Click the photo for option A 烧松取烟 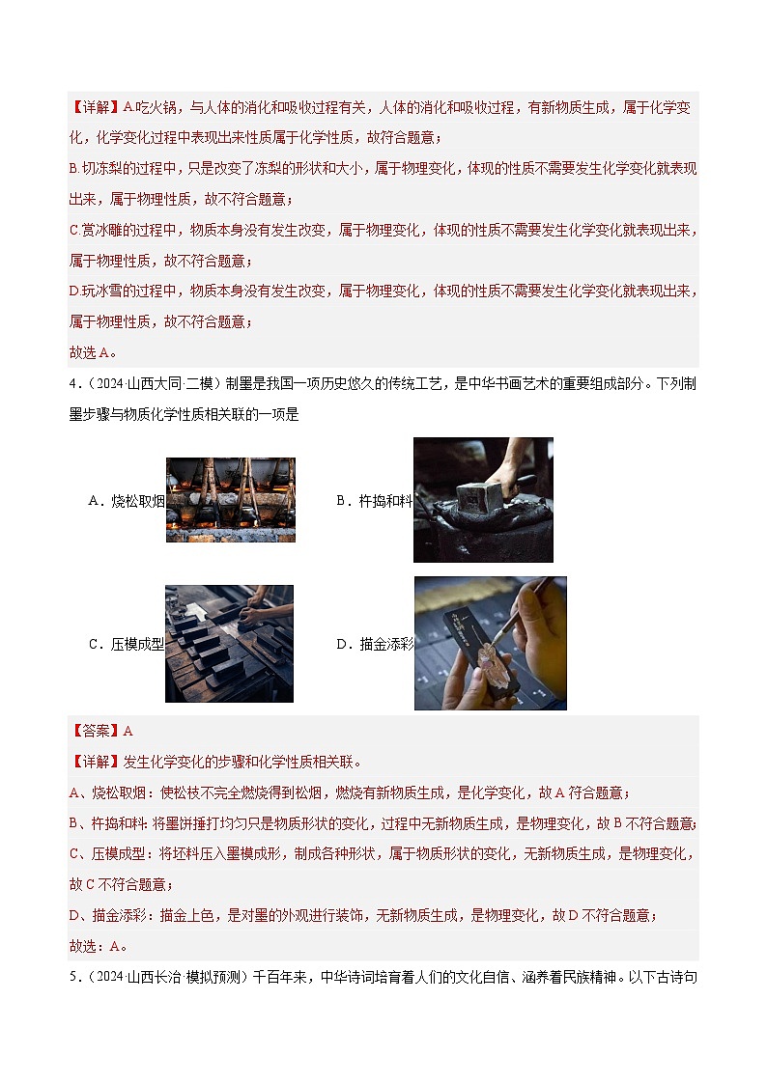point(230,499)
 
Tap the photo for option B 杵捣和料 point(483,499)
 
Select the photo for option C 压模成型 point(229,643)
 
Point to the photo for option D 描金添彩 point(490,643)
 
